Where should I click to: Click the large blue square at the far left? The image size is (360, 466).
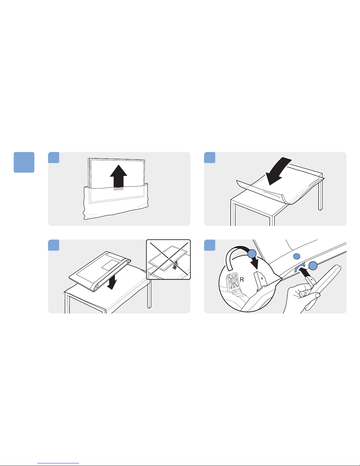click(x=24, y=162)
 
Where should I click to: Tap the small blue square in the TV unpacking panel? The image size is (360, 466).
click(x=53, y=158)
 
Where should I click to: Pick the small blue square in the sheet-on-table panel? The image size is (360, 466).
click(x=210, y=158)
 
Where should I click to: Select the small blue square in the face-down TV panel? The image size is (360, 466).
click(x=53, y=245)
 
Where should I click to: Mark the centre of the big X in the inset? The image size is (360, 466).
click(x=169, y=260)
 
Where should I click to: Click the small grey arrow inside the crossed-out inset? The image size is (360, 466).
click(x=175, y=266)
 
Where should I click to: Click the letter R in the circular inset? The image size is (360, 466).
click(x=242, y=279)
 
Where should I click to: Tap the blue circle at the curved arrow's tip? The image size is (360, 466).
click(x=252, y=254)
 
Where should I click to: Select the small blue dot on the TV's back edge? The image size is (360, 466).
click(x=297, y=256)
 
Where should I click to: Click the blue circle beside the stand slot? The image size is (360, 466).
click(x=313, y=266)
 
